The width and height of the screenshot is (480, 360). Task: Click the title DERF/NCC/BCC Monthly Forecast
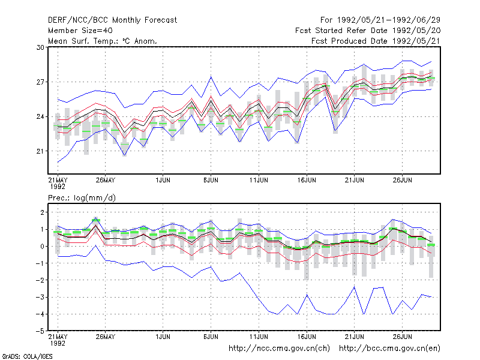(112, 20)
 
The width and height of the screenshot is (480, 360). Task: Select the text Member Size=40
(80, 31)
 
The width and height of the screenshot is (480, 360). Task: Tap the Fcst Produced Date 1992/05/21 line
(376, 41)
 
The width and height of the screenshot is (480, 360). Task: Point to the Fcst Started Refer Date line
(368, 31)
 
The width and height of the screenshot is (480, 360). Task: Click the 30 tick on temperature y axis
(40, 47)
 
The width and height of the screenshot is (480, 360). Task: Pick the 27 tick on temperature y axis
(40, 82)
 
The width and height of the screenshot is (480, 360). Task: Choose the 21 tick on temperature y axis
(40, 151)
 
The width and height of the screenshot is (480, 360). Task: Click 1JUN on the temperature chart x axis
(163, 180)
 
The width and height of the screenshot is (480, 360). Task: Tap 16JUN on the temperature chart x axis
(307, 180)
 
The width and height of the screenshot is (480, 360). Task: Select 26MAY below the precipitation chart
(106, 337)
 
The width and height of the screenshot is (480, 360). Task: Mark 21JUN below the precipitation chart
(354, 337)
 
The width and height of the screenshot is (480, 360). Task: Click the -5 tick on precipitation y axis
(40, 331)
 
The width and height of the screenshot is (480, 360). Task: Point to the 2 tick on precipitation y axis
(42, 212)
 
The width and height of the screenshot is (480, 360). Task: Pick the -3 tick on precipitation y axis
(40, 297)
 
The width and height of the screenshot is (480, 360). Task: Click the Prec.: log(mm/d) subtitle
(82, 198)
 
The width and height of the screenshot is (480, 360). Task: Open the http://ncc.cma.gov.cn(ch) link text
(279, 349)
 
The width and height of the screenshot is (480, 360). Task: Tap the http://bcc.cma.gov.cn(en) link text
(389, 349)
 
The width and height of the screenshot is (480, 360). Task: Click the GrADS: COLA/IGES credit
(27, 356)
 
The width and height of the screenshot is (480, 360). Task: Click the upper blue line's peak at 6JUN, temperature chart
(211, 77)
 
